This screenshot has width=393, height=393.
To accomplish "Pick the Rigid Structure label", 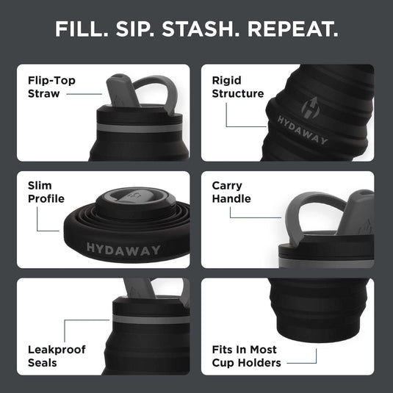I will (x=237, y=87).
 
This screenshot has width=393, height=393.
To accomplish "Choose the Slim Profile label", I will (x=46, y=192).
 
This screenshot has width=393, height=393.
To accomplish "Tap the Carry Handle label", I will (x=231, y=192).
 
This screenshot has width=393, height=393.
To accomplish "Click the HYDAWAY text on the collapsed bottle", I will (x=123, y=250).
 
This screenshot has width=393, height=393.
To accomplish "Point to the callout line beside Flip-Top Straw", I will (x=87, y=94).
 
